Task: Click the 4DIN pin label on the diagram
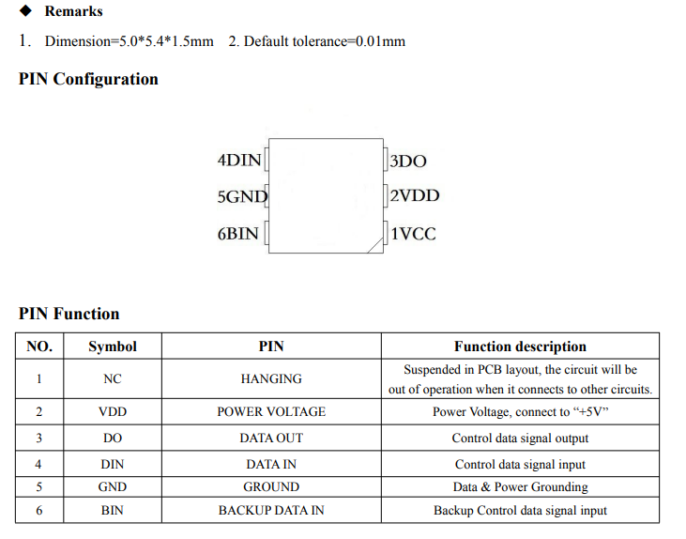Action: (239, 161)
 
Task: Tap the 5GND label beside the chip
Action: (242, 196)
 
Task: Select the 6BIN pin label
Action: (238, 234)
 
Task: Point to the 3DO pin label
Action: (407, 162)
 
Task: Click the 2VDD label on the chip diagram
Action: (414, 195)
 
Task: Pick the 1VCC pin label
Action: (413, 234)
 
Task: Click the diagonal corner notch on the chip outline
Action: (375, 245)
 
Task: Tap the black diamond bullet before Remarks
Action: (26, 10)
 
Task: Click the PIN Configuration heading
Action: (88, 79)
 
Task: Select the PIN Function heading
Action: (69, 314)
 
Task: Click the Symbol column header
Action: (113, 346)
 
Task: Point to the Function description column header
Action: (520, 346)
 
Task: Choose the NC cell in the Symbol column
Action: (113, 378)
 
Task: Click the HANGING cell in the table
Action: (271, 378)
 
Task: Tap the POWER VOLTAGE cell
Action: (271, 411)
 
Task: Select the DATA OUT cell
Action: (271, 438)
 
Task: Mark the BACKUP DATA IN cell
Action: (271, 510)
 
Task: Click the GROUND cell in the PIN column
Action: (271, 487)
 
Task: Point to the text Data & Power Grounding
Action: (520, 487)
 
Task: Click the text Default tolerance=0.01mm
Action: (324, 41)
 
